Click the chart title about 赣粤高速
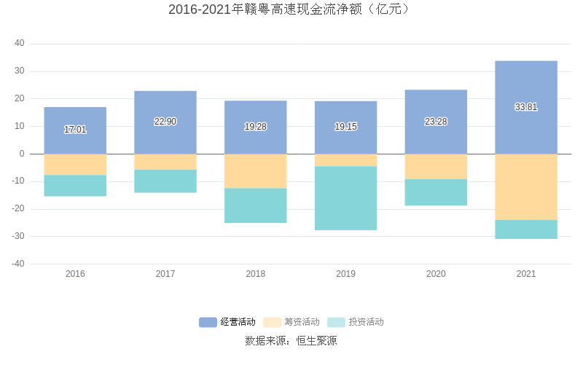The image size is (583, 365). click(x=291, y=9)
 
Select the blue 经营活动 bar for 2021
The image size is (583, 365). click(x=525, y=84)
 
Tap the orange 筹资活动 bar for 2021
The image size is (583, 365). click(x=525, y=187)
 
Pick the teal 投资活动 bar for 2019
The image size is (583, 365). click(x=345, y=198)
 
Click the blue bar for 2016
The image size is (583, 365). click(x=75, y=117)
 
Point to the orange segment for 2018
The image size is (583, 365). click(x=255, y=171)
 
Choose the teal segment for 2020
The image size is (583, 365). click(x=436, y=192)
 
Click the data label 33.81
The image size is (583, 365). click(x=525, y=107)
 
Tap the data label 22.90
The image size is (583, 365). click(x=165, y=122)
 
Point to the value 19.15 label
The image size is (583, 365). click(x=345, y=127)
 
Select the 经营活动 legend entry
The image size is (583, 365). click(x=227, y=322)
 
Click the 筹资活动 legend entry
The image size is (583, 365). click(x=291, y=322)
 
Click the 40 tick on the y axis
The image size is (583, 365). click(x=20, y=44)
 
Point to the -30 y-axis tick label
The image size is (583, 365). click(x=17, y=237)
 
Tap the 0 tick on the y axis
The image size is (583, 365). click(x=23, y=154)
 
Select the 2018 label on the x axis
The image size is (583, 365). click(x=255, y=274)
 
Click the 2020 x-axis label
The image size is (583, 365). click(x=436, y=274)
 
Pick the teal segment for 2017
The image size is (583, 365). click(x=165, y=181)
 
